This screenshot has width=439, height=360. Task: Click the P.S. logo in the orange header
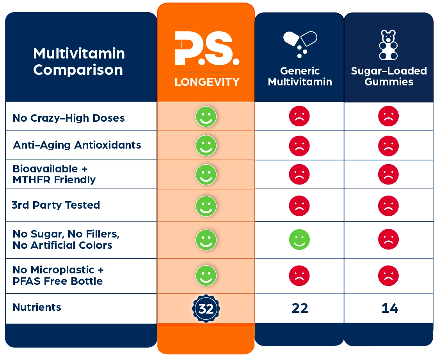pos(206,48)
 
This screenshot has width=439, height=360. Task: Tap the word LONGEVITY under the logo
pos(206,82)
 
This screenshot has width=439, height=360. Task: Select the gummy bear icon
pos(388,45)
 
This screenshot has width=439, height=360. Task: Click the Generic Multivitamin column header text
pos(300,76)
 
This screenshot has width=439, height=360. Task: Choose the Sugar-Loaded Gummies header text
pos(389,76)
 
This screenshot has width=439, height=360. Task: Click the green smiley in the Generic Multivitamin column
pos(299,239)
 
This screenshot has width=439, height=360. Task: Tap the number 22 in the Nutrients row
pos(300,309)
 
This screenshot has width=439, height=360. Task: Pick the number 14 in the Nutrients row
pos(389,309)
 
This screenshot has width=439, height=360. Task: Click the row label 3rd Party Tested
pos(56,205)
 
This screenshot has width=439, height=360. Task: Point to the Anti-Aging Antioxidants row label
pos(77,145)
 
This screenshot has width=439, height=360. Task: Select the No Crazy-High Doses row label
pos(69,118)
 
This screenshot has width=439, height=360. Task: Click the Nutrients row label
pos(37,307)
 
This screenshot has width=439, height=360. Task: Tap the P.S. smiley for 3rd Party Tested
pos(206,206)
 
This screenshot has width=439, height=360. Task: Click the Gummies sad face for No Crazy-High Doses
pos(388,116)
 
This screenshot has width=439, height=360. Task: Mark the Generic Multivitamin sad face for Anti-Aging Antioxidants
pos(299,146)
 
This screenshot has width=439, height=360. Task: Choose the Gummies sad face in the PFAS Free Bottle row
pos(388,276)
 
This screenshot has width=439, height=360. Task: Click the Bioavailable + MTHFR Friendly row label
pos(54,174)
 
